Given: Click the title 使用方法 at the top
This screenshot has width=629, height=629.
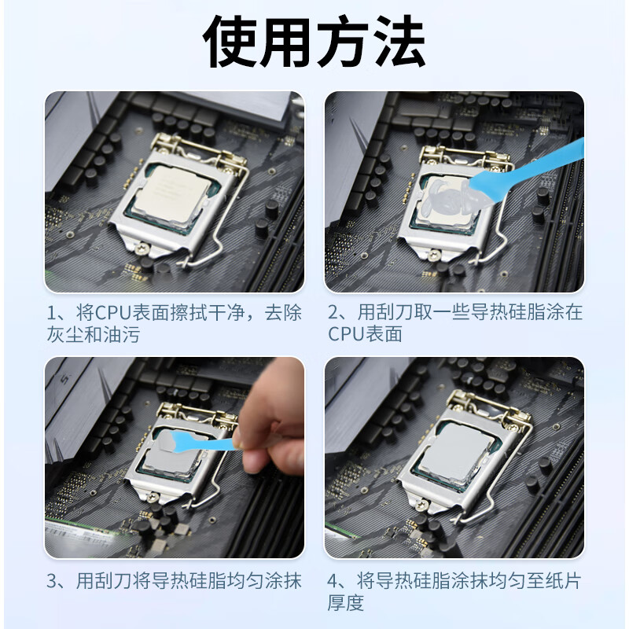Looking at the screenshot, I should coord(314,41).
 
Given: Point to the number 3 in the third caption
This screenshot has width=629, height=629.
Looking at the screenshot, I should coord(51,583).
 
